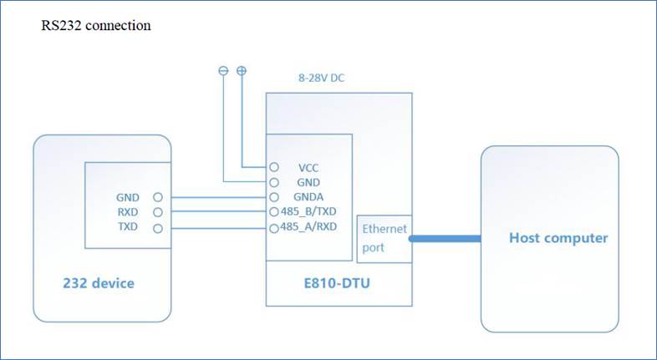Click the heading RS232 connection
click(x=96, y=26)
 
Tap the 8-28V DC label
click(x=322, y=79)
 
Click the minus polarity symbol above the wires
click(x=223, y=72)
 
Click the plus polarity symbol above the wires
click(x=242, y=72)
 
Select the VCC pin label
click(x=308, y=167)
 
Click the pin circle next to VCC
click(x=273, y=167)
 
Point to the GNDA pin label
click(x=308, y=197)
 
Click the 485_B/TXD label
click(x=309, y=212)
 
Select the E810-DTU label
click(x=339, y=284)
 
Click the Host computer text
click(x=558, y=239)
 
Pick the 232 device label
click(x=99, y=284)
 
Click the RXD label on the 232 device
click(x=128, y=213)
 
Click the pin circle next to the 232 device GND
click(x=158, y=198)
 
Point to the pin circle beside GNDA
click(x=273, y=197)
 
